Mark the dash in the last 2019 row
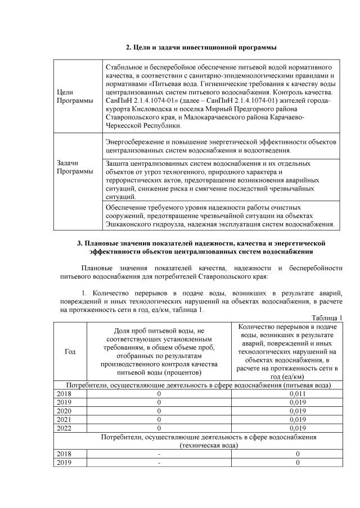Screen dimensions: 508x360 159,462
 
